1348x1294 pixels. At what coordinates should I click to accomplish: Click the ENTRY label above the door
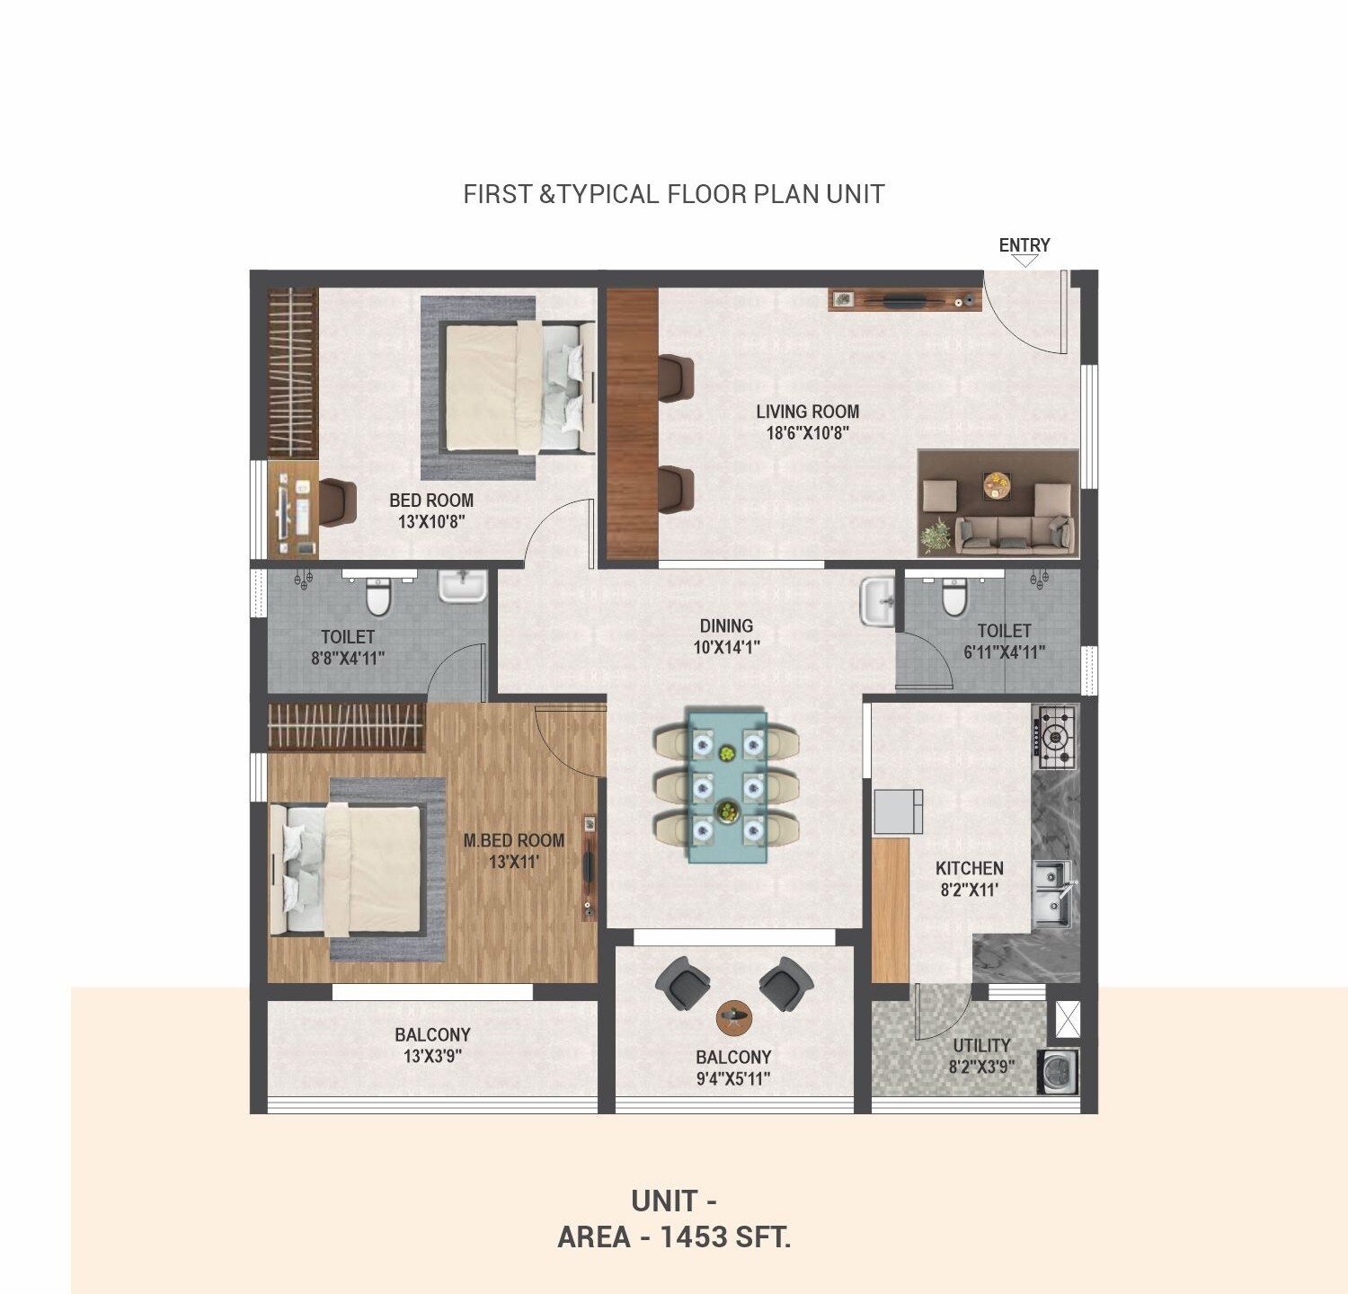click(x=1024, y=245)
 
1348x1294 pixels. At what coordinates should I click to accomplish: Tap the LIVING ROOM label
click(x=807, y=412)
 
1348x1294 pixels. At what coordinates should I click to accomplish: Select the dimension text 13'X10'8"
click(x=431, y=522)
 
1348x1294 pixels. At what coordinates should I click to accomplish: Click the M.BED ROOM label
click(x=514, y=840)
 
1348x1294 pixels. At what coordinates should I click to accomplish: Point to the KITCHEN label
click(x=969, y=868)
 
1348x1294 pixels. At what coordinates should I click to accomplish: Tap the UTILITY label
click(x=981, y=1045)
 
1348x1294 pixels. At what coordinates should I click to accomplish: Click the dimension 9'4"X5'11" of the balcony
click(x=733, y=1078)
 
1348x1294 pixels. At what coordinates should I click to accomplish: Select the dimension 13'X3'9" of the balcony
click(x=432, y=1057)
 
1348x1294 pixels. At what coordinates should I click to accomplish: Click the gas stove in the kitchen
click(x=1056, y=738)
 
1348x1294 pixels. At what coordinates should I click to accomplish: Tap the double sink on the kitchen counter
click(x=1051, y=894)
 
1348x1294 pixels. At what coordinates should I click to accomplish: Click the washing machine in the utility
click(x=1058, y=1072)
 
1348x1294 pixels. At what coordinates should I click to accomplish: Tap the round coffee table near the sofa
click(x=996, y=485)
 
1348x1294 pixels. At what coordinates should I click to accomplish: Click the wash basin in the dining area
click(x=876, y=601)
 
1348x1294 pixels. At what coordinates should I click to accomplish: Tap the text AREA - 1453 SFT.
click(x=674, y=1237)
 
